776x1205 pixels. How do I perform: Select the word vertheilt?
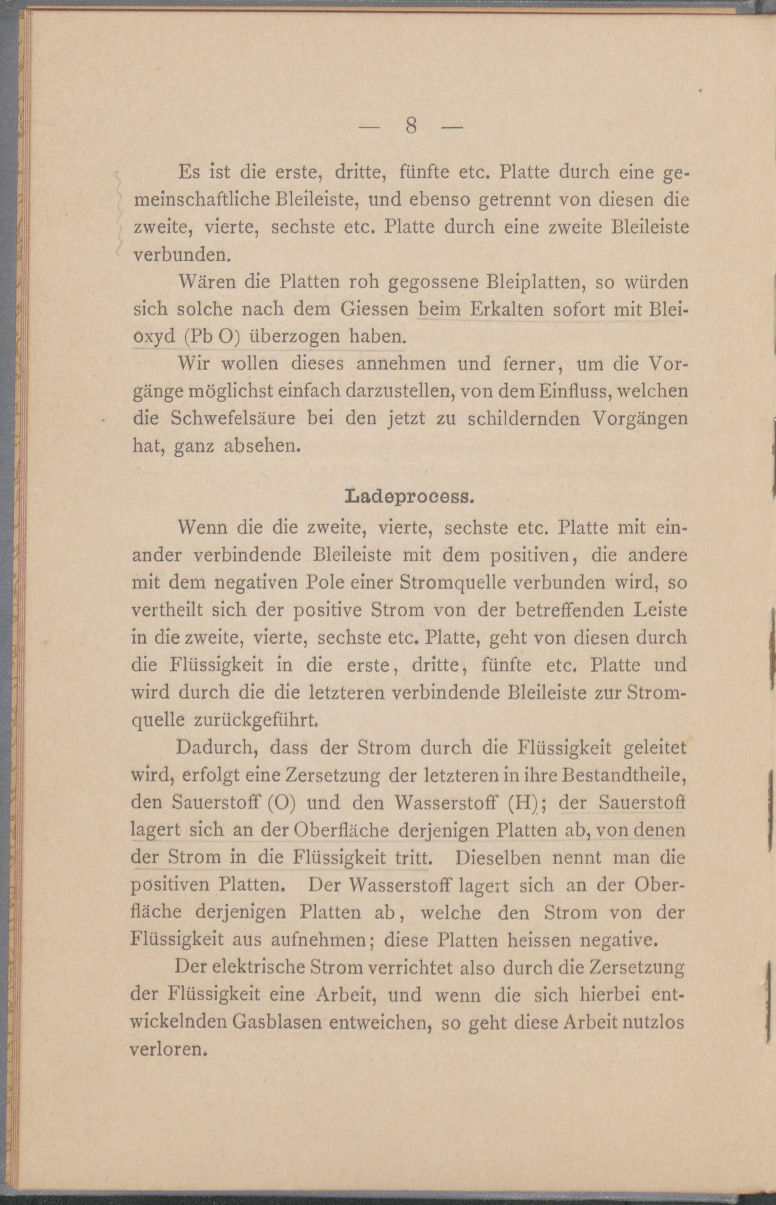pyautogui.click(x=167, y=611)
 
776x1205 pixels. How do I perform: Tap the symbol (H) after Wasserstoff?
pyautogui.click(x=520, y=803)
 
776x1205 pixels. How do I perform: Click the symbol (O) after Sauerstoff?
pyautogui.click(x=278, y=803)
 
